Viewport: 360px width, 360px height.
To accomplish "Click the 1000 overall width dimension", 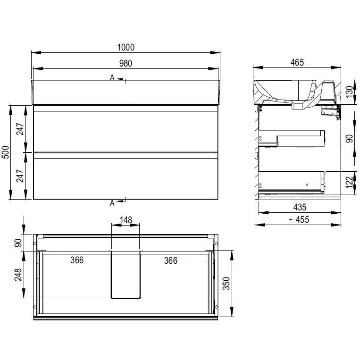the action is [126, 47].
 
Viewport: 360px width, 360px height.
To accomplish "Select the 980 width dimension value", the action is [126, 63].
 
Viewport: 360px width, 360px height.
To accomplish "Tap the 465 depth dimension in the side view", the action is [297, 62].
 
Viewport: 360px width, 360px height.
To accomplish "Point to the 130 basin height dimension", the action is [349, 92].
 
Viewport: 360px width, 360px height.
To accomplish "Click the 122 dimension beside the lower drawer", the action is [349, 182].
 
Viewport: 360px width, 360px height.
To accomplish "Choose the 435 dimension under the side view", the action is [300, 207].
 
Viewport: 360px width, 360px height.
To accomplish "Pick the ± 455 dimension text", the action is [299, 220].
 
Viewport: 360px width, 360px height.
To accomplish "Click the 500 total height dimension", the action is [5, 152].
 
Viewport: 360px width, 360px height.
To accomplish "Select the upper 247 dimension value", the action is [20, 129].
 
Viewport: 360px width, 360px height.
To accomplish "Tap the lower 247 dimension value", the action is [20, 176].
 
